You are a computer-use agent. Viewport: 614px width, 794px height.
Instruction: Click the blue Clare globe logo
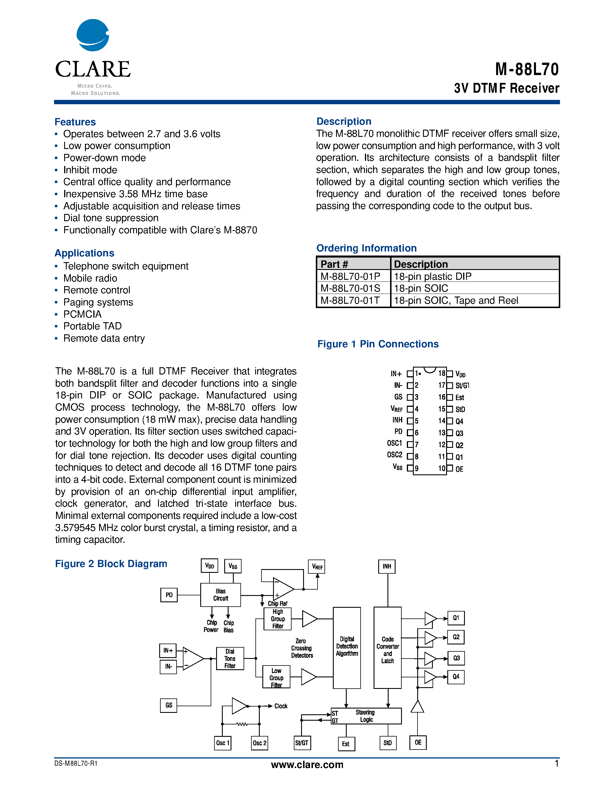(92, 35)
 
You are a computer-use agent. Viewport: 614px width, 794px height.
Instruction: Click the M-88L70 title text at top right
(526, 69)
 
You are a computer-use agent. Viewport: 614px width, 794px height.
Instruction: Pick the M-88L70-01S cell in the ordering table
(350, 288)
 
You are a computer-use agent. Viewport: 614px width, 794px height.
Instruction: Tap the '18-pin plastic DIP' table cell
(433, 276)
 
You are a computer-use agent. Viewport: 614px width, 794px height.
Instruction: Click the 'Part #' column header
(334, 264)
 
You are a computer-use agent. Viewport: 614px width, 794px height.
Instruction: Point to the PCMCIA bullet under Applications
(82, 314)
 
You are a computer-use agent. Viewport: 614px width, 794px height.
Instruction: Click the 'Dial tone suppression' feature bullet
(111, 218)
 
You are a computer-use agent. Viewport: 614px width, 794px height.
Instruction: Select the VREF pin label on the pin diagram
(396, 409)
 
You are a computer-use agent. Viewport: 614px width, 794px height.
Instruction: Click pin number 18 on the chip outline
(441, 373)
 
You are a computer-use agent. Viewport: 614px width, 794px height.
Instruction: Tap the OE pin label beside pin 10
(459, 469)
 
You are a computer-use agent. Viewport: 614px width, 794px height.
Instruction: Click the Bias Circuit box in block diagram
(220, 595)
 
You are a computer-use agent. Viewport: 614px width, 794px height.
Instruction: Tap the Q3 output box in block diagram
(456, 658)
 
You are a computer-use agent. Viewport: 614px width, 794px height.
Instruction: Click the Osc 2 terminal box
(259, 743)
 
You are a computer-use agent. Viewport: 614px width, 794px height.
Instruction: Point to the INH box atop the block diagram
(387, 566)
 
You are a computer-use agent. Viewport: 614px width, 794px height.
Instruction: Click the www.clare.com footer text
(307, 765)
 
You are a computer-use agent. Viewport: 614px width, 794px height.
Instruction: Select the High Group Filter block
(278, 619)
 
